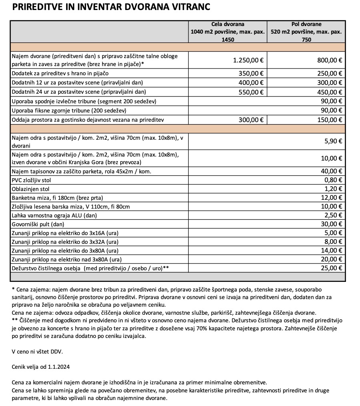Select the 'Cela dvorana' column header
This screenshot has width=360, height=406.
(x=227, y=24)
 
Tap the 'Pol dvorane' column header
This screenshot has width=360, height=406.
(x=306, y=24)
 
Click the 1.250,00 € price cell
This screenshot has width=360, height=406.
(x=248, y=60)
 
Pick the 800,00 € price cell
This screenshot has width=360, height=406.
(x=329, y=60)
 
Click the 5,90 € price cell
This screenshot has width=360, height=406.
(x=333, y=141)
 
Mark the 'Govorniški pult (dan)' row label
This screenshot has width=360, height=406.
(x=38, y=224)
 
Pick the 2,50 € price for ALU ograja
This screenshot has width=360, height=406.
(x=333, y=215)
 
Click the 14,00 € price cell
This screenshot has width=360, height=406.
(x=331, y=251)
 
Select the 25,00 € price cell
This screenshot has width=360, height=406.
(x=331, y=268)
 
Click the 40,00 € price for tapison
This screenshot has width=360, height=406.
(x=331, y=171)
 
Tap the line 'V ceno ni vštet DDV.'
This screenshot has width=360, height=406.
(x=37, y=352)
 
